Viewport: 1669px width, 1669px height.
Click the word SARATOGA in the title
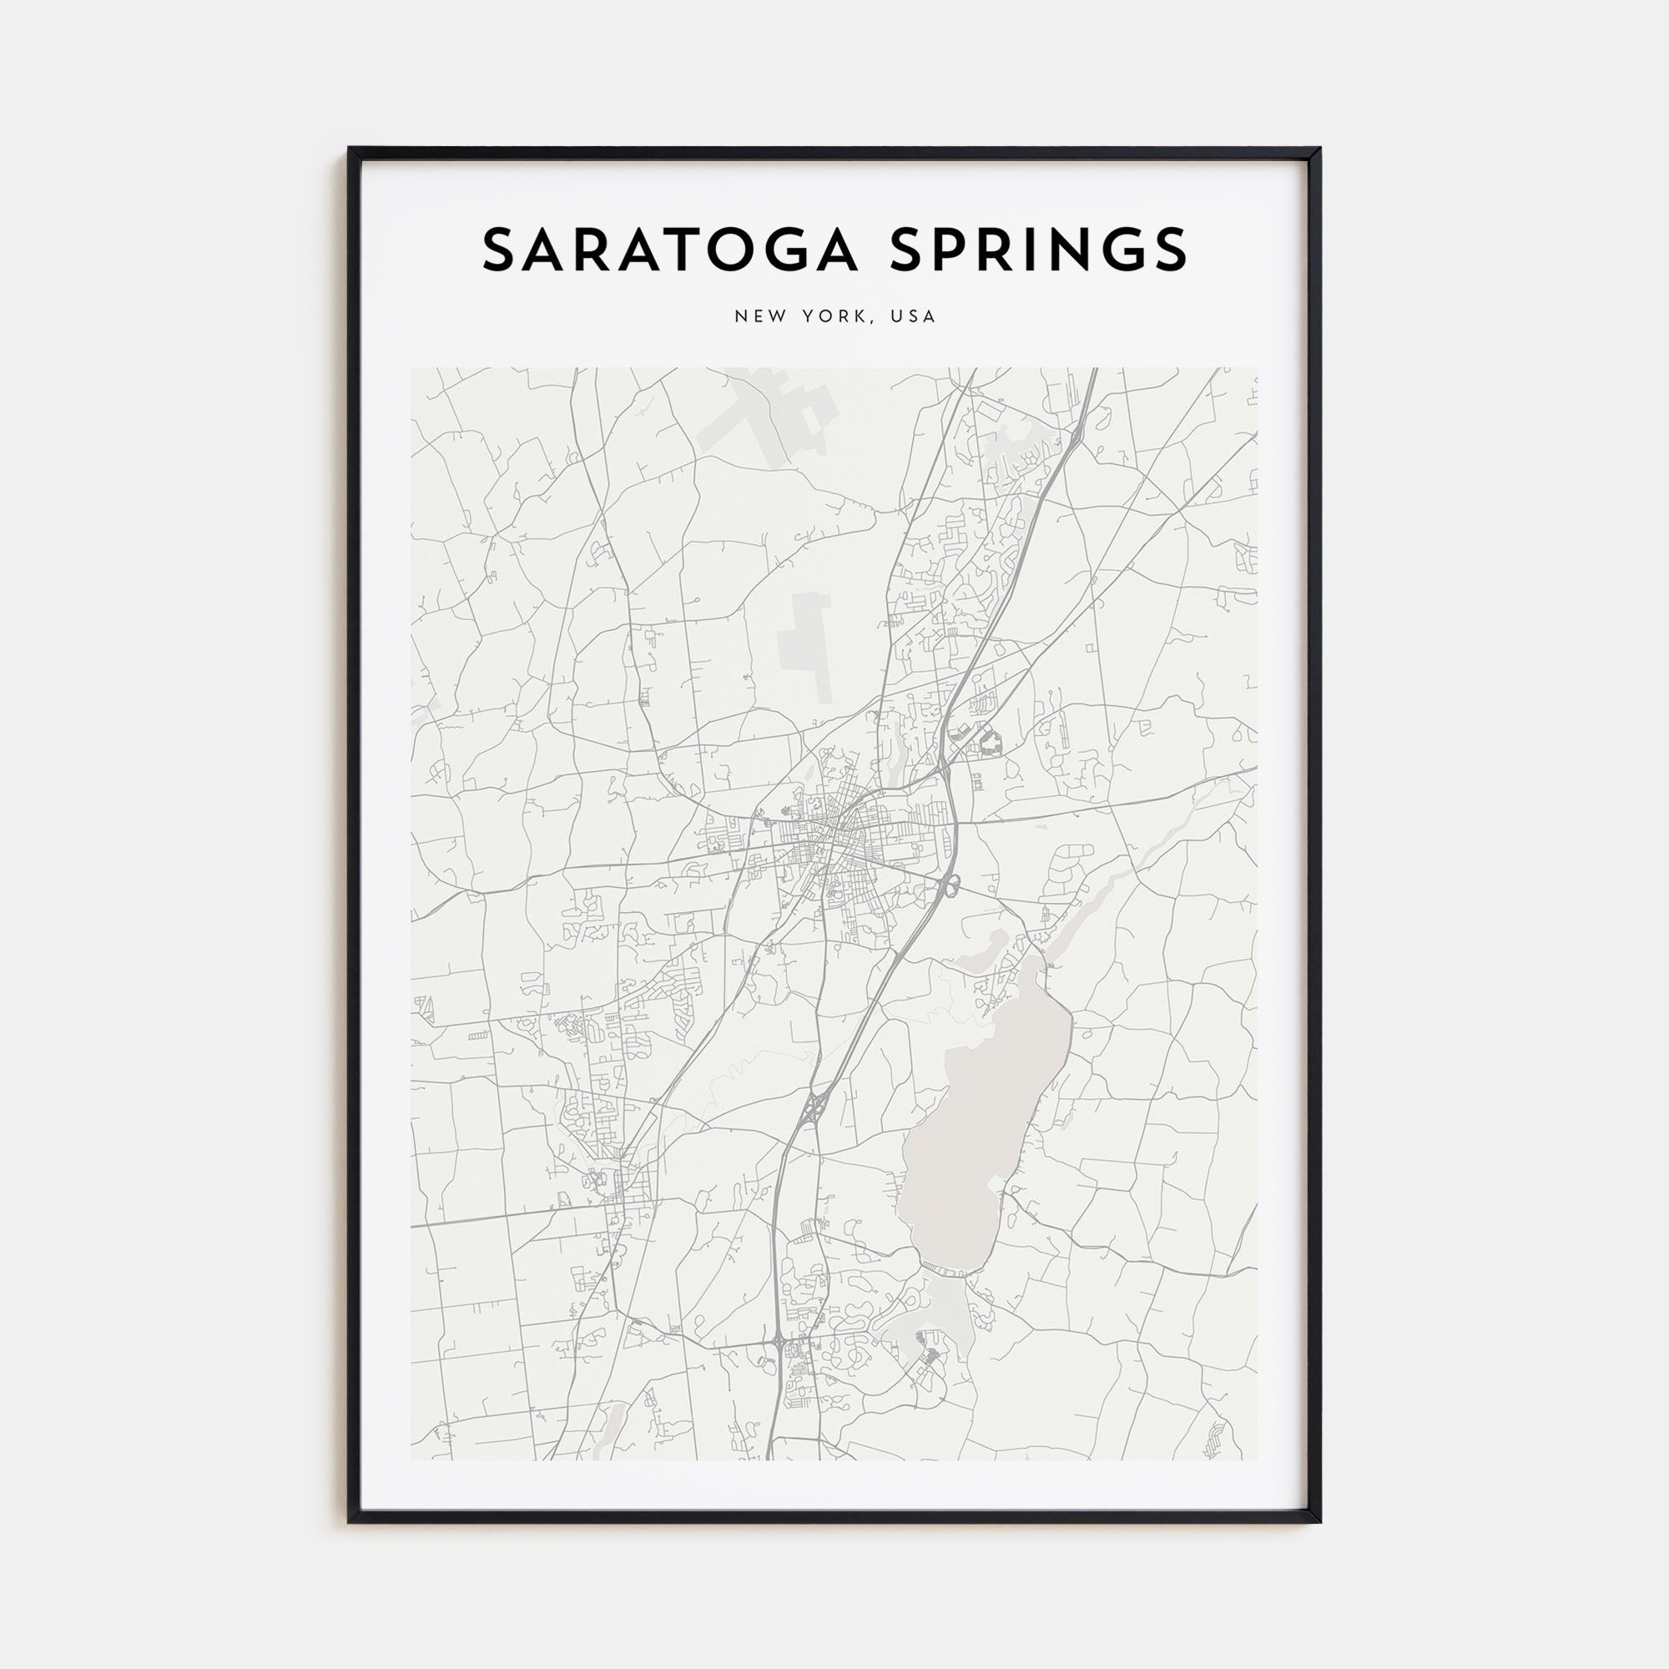pos(668,250)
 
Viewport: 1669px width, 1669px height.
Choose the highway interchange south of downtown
pos(813,1110)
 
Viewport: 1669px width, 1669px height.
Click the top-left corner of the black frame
pos(350,149)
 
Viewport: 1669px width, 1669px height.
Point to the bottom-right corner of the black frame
pos(1319,1521)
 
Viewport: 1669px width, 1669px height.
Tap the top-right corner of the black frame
pos(1319,149)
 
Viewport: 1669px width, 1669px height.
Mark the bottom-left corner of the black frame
pos(350,1521)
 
